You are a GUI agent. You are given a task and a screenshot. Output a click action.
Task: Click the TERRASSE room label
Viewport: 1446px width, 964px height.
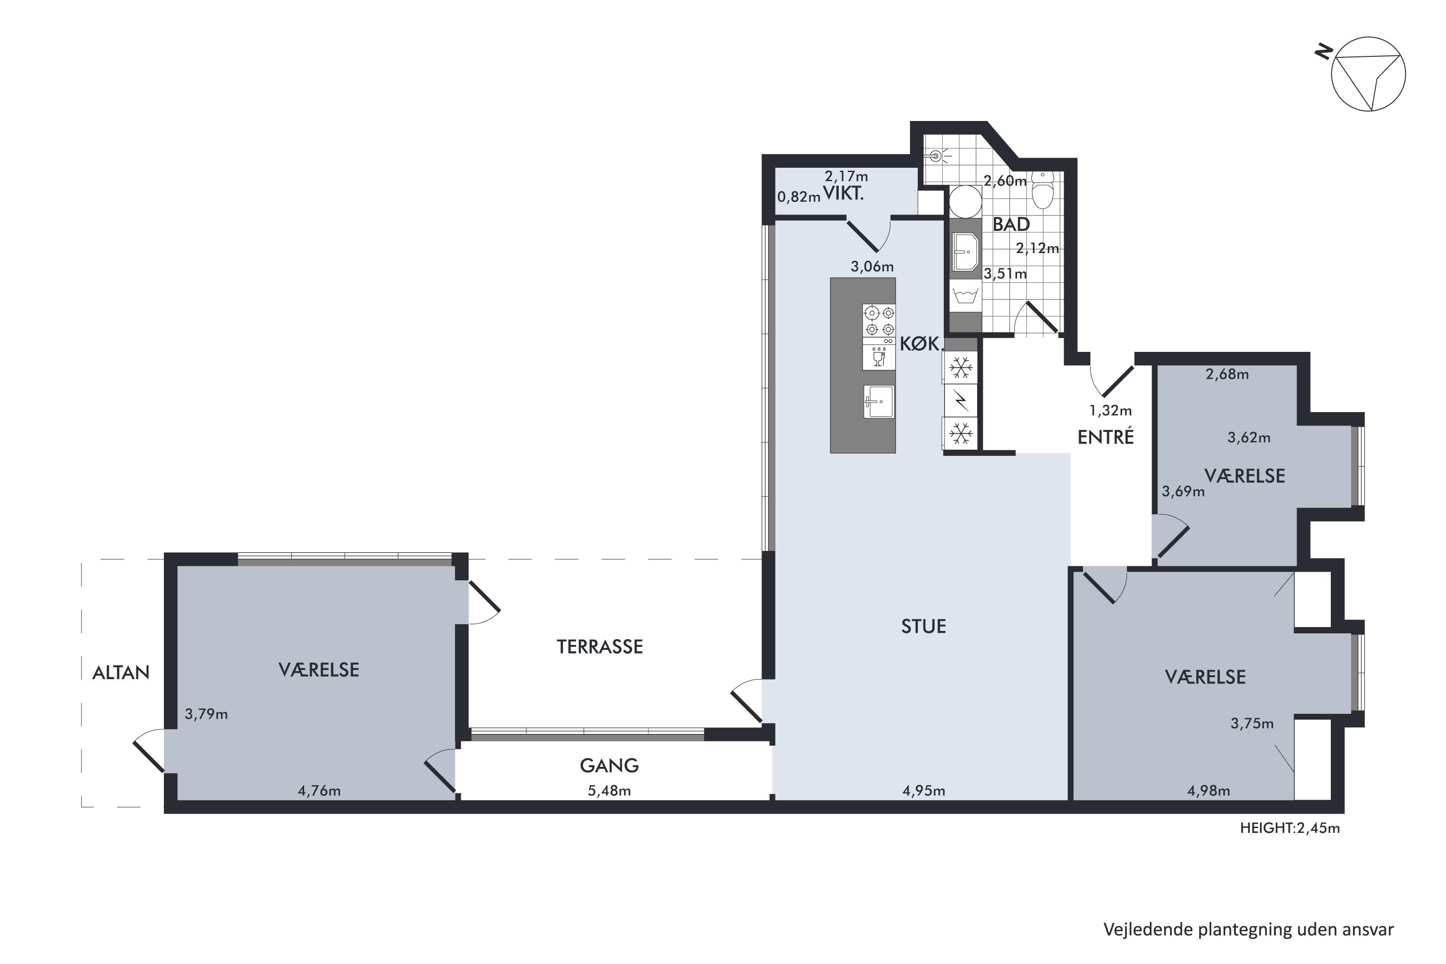pos(600,647)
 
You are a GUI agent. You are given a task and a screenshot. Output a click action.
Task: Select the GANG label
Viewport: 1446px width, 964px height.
pos(609,765)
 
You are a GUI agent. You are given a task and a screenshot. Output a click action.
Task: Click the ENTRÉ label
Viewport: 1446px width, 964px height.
pos(1105,437)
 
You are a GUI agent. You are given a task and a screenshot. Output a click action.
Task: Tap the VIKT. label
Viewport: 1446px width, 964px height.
pos(843,194)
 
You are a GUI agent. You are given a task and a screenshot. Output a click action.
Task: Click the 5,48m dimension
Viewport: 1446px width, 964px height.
pos(609,790)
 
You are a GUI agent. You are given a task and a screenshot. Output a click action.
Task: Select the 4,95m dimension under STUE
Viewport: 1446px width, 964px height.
pos(924,790)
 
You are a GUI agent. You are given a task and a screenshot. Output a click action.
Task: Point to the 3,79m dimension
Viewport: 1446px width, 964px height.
pos(207,714)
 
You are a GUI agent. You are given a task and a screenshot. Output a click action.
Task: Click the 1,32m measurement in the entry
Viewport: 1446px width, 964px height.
pos(1111,410)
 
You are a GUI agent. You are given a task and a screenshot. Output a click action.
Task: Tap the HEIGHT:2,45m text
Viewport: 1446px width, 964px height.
pos(1290,828)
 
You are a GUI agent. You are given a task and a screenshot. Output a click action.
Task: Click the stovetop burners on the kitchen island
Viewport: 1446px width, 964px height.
pos(879,321)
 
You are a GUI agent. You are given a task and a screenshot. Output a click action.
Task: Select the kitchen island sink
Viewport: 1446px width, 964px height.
pos(879,402)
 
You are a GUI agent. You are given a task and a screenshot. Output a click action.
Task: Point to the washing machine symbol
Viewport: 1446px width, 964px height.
pos(966,296)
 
